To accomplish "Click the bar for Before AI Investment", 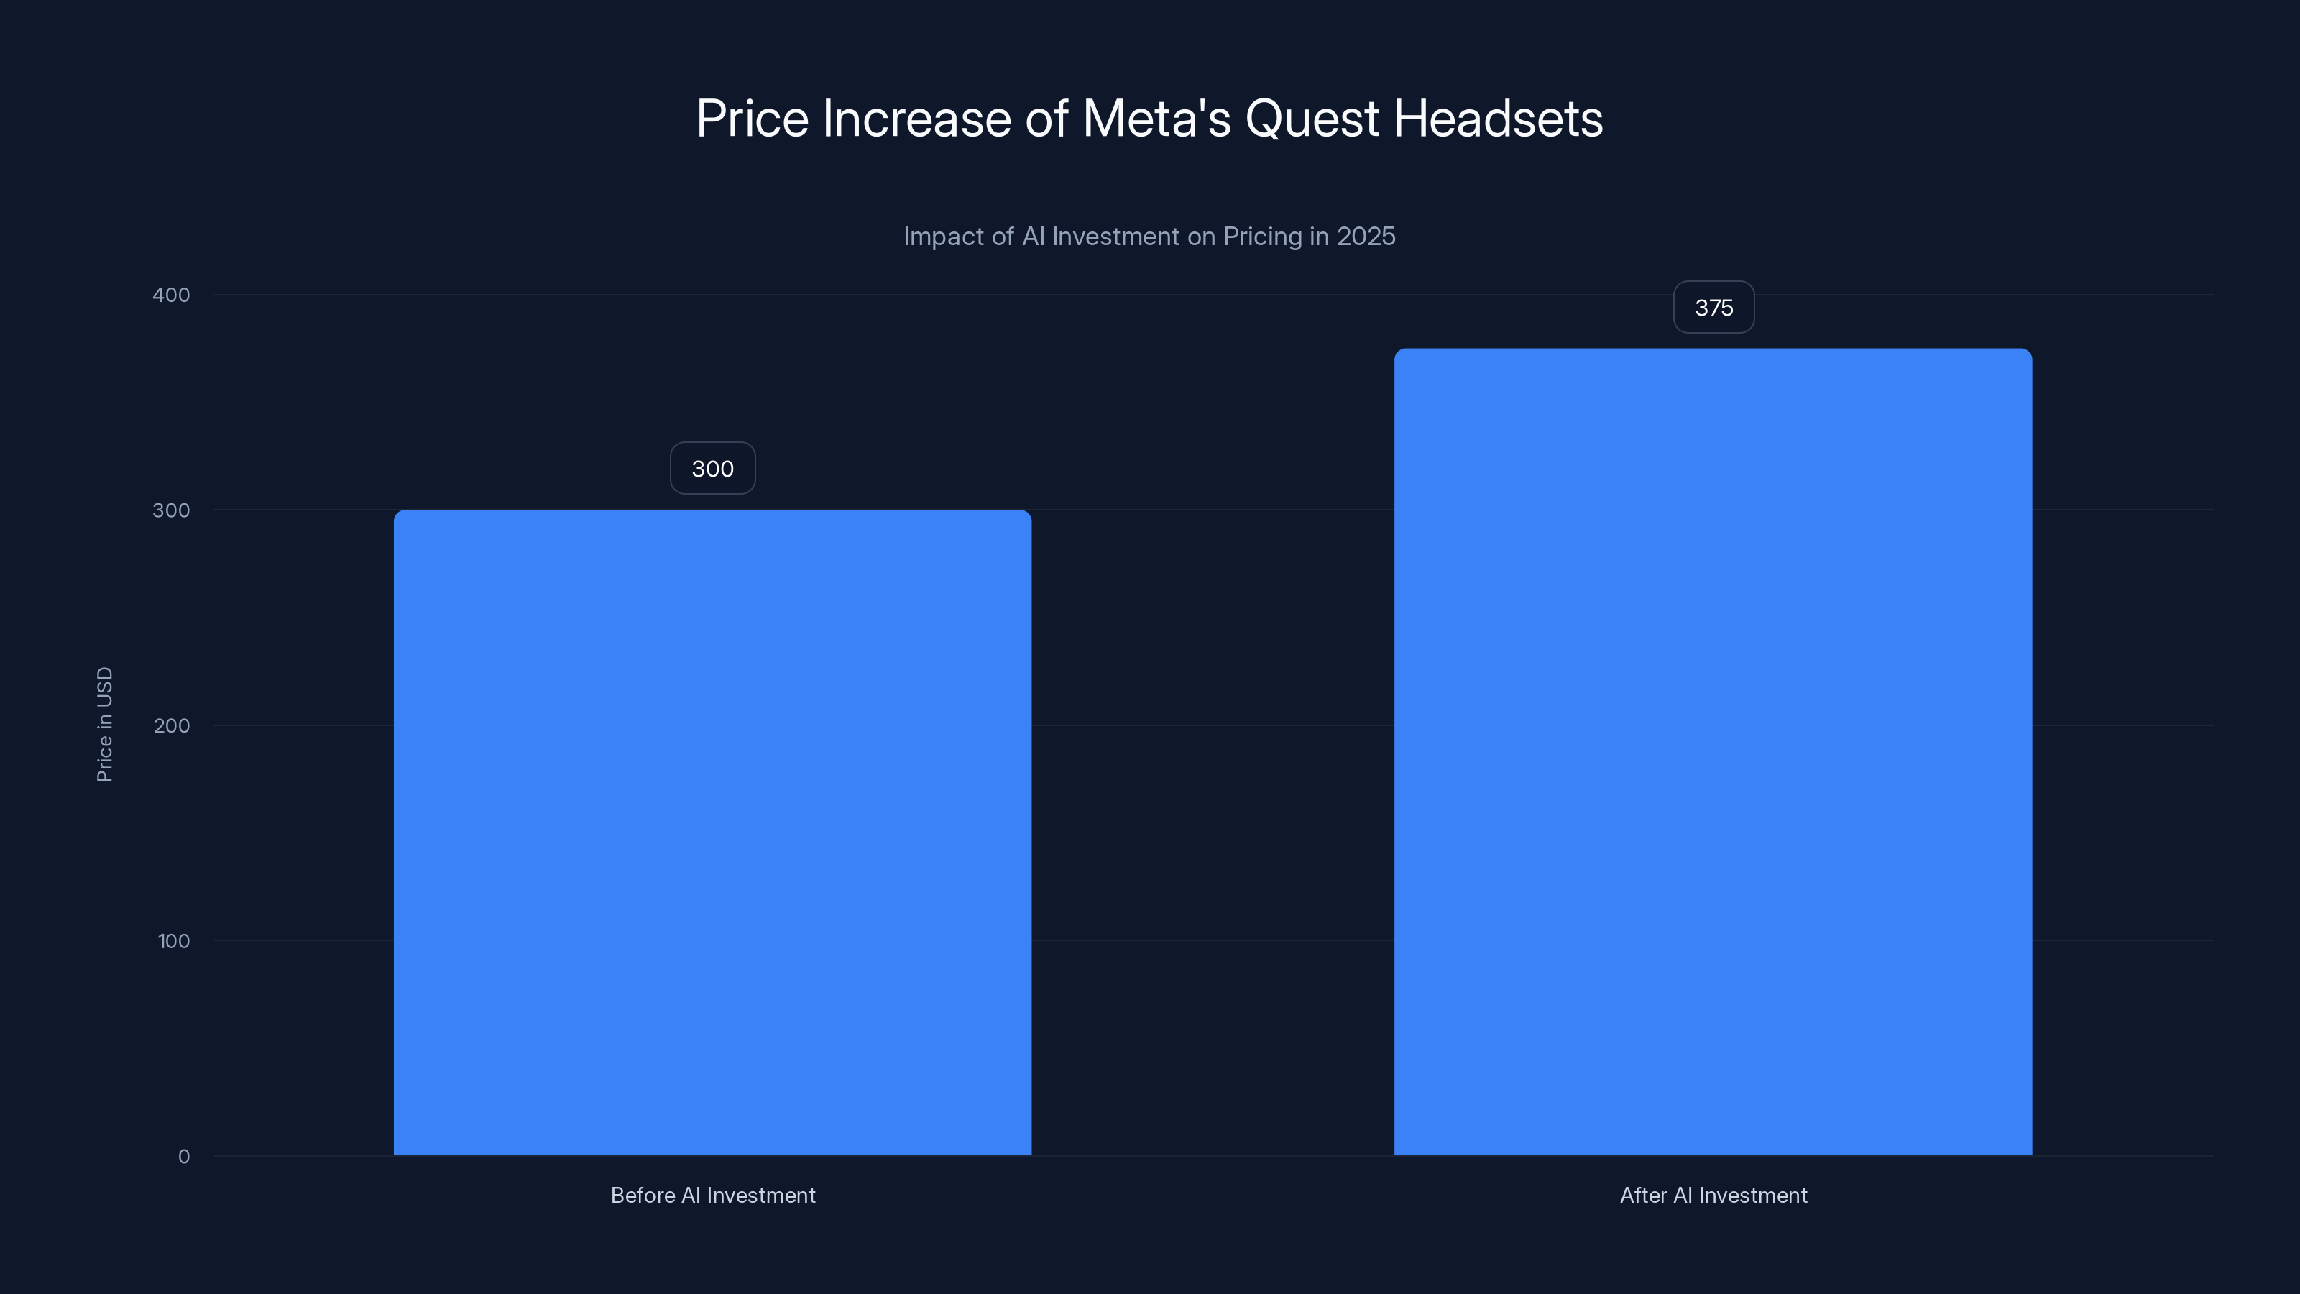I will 712,832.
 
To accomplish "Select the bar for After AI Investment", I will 1713,752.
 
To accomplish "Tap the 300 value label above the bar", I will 712,469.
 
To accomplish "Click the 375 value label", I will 1713,308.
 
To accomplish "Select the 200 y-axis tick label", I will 172,725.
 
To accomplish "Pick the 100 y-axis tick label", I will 173,940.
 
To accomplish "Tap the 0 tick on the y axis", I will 184,1157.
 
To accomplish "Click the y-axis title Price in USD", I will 104,724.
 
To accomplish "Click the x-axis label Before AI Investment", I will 712,1195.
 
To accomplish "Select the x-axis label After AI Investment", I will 1713,1195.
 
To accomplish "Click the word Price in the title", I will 752,119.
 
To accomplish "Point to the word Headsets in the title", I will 1497,119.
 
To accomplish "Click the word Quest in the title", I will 1312,119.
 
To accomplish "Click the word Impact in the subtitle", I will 940,237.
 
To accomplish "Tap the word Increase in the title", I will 916,119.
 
